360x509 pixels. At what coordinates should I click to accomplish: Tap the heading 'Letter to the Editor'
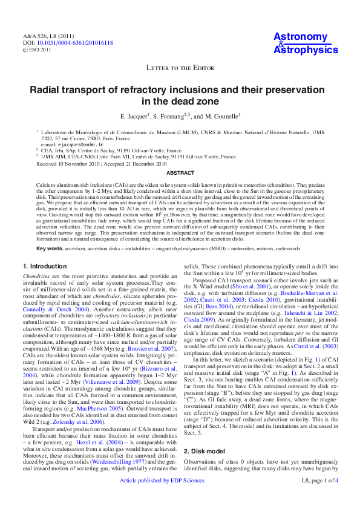(x=179, y=68)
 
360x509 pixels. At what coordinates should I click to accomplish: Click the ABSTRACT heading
(x=180, y=172)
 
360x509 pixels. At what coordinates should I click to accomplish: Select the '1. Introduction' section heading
(x=45, y=266)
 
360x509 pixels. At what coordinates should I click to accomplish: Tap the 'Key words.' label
(x=49, y=248)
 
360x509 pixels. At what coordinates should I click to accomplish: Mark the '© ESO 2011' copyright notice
(x=37, y=50)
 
